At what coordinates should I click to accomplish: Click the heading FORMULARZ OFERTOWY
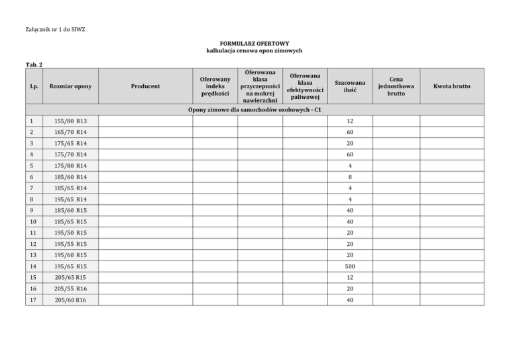point(254,42)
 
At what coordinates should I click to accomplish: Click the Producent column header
point(145,86)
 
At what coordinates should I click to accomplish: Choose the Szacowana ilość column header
point(349,86)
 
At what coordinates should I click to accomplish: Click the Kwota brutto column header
point(452,86)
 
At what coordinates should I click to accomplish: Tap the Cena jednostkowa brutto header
point(396,86)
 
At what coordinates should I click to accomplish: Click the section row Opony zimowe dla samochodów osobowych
point(254,109)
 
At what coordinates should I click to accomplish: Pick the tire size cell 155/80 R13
point(66,121)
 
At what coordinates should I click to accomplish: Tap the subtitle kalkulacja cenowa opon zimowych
point(254,50)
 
